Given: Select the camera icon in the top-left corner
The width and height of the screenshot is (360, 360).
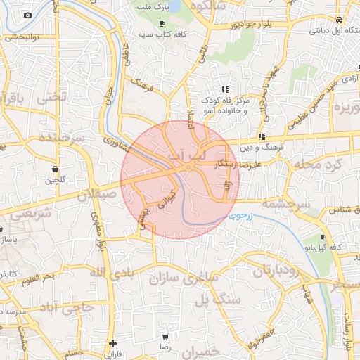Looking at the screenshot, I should (27, 15).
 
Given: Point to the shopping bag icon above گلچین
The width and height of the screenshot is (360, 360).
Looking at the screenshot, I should (55, 169).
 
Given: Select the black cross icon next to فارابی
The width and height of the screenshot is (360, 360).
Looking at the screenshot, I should (112, 343).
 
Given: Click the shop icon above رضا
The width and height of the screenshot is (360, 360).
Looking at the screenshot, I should (165, 337).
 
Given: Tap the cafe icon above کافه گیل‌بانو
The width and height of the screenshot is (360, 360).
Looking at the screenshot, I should (323, 238).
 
